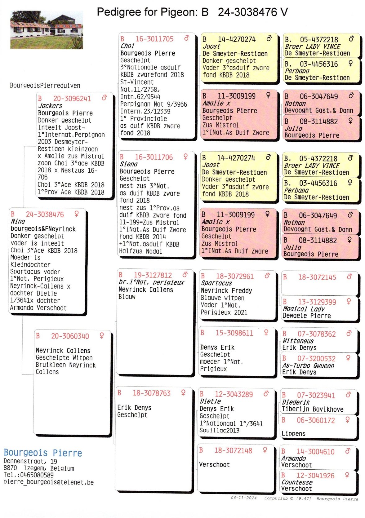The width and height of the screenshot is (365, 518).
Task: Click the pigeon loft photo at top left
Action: [x=47, y=30]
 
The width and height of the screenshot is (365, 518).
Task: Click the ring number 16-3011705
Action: [x=154, y=39]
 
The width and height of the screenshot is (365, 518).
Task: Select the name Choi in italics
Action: [x=127, y=46]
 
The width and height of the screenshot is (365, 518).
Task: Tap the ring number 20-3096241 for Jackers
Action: [x=72, y=99]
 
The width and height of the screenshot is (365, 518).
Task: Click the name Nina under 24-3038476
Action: [x=18, y=222]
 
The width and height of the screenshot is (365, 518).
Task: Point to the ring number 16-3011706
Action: [x=154, y=157]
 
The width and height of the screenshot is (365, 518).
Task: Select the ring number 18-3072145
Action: [x=317, y=277]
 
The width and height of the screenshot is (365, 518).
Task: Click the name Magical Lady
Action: [x=303, y=309]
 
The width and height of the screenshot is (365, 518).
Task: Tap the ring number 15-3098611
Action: [x=234, y=333]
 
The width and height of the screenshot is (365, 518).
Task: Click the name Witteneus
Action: [x=298, y=341]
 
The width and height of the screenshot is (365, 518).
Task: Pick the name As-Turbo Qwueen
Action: [x=308, y=366]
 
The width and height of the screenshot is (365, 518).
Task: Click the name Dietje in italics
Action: [x=210, y=401]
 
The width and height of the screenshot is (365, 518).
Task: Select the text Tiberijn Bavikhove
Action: [x=312, y=410]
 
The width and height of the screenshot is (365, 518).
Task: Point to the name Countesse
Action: [x=297, y=483]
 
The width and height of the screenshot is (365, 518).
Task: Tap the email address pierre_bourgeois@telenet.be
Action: [x=48, y=483]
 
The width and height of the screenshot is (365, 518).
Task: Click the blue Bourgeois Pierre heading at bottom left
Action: [x=43, y=453]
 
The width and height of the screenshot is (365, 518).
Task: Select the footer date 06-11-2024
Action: [x=243, y=498]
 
